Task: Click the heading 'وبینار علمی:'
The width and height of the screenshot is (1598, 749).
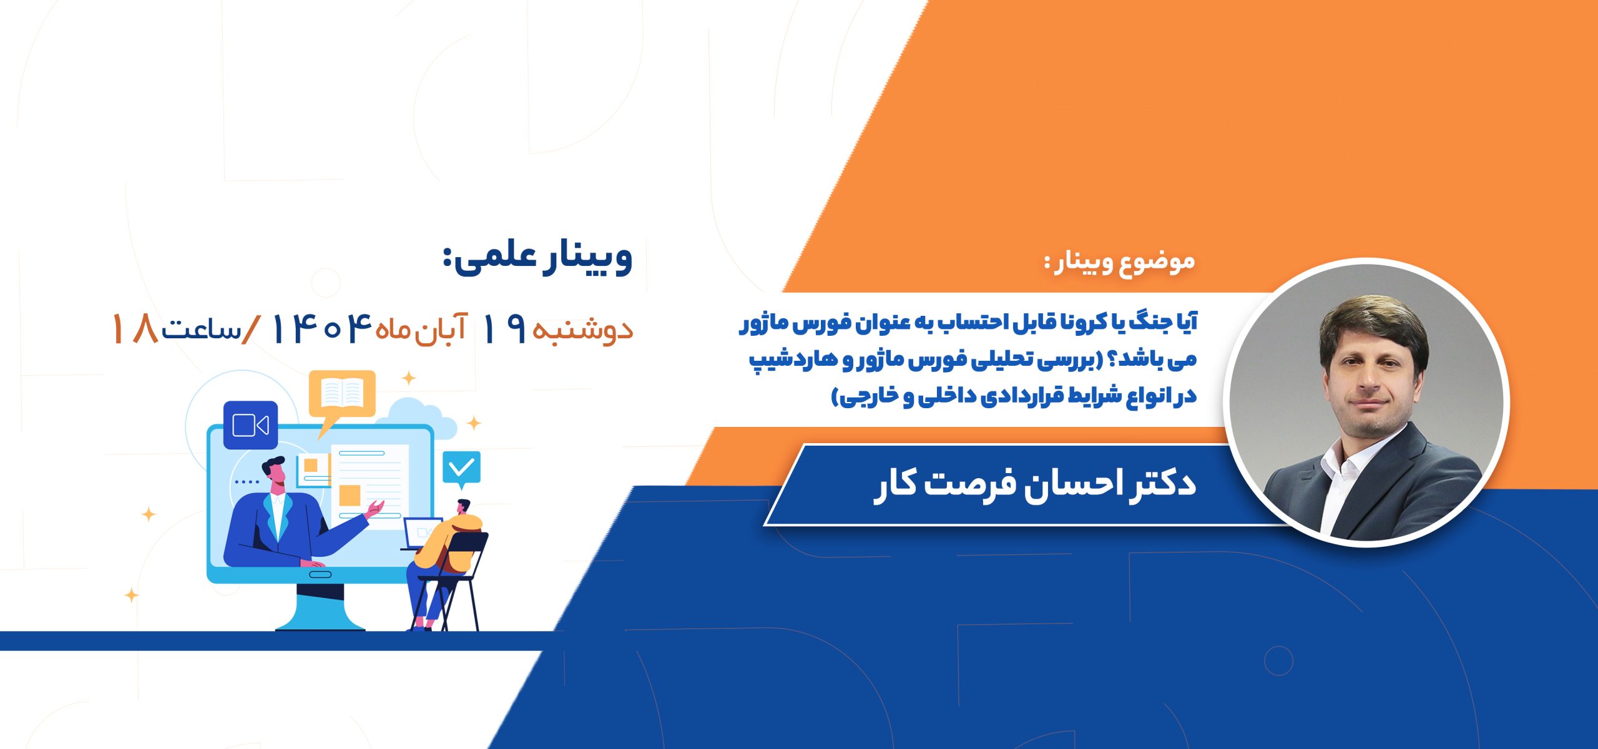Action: click(537, 258)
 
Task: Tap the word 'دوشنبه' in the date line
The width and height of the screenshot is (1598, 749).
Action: click(583, 330)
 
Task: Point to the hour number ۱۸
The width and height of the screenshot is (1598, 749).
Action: click(134, 328)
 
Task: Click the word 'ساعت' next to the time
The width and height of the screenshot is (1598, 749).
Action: click(201, 330)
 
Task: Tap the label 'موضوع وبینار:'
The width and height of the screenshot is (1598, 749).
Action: click(1120, 263)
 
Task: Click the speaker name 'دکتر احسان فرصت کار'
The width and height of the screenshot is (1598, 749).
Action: click(1035, 484)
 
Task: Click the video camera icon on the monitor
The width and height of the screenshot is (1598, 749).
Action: click(250, 425)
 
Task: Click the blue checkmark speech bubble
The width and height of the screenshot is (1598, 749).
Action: click(462, 469)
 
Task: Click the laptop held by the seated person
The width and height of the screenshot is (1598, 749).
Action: click(422, 534)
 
